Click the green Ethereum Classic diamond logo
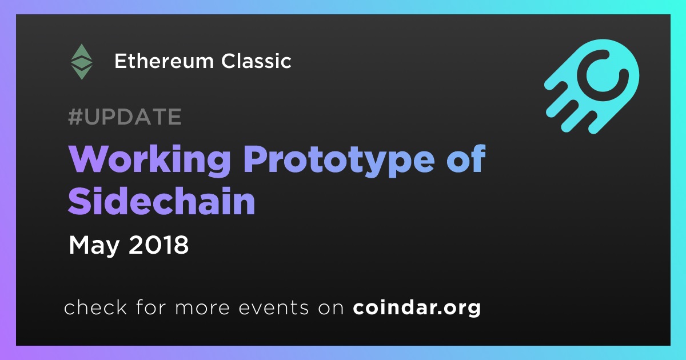click(81, 62)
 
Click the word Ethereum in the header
click(164, 61)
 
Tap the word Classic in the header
click(256, 61)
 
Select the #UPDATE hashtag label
click(125, 117)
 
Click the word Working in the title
click(149, 160)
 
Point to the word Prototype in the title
click(338, 161)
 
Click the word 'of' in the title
click(466, 159)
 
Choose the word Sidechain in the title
click(161, 201)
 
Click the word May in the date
click(94, 246)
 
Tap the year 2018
click(158, 245)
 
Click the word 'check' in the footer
click(95, 307)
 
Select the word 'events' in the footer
click(273, 307)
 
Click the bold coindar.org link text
click(417, 307)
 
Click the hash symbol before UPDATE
click(75, 117)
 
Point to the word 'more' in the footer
click(202, 308)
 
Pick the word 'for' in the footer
click(151, 307)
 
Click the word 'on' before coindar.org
click(331, 308)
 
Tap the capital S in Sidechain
click(78, 201)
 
